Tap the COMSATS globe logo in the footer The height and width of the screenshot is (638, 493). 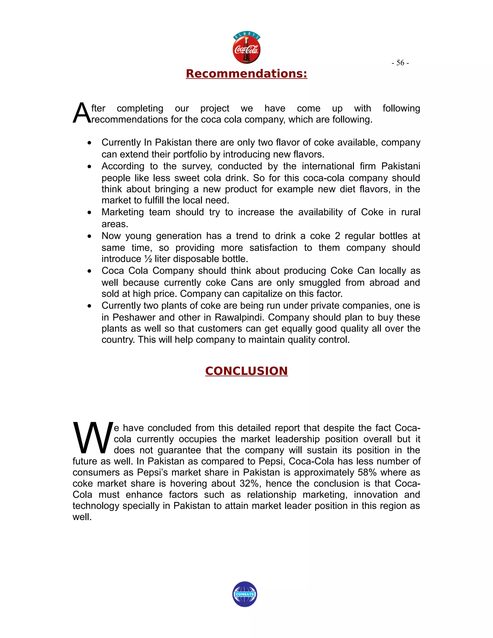point(245,594)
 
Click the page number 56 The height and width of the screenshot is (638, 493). point(400,63)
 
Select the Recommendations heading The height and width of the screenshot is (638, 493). point(246,74)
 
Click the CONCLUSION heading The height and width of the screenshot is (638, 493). point(246,371)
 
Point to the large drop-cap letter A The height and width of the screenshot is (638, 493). point(82,114)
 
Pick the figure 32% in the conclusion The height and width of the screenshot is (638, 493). point(249,483)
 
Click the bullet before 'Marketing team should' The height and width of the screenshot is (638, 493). point(89,213)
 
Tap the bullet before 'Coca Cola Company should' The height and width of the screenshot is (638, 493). point(89,271)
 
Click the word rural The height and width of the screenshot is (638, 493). point(411,212)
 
